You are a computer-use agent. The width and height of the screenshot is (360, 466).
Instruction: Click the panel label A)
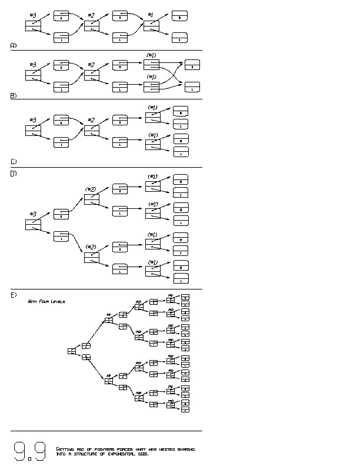pyautogui.click(x=14, y=45)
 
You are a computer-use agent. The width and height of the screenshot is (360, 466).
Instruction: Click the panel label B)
pyautogui.click(x=14, y=95)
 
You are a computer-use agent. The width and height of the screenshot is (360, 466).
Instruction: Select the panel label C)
pyautogui.click(x=14, y=161)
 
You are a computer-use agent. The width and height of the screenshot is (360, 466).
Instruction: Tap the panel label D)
pyautogui.click(x=14, y=174)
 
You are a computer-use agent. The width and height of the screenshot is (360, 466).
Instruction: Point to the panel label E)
pyautogui.click(x=14, y=294)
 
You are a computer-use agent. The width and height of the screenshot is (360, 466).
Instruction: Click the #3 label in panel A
pyautogui.click(x=32, y=15)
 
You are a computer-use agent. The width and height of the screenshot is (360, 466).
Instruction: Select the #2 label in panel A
pyautogui.click(x=91, y=15)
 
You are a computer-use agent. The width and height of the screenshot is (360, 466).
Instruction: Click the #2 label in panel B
pyautogui.click(x=91, y=65)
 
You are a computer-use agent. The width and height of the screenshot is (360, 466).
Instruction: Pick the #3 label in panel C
pyautogui.click(x=32, y=120)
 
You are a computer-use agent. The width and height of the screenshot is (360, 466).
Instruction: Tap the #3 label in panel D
pyautogui.click(x=32, y=214)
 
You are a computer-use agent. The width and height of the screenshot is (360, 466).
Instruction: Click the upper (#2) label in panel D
pyautogui.click(x=91, y=189)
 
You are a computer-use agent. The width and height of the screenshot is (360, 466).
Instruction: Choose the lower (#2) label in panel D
pyautogui.click(x=91, y=247)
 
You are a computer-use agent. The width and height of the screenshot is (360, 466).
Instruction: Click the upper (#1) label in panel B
pyautogui.click(x=151, y=55)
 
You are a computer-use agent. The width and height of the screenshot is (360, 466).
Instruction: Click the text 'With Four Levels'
pyautogui.click(x=46, y=301)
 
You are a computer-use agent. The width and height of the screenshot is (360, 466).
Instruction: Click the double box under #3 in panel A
pyautogui.click(x=33, y=26)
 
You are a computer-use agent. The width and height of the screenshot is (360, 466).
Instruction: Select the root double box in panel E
pyautogui.click(x=72, y=351)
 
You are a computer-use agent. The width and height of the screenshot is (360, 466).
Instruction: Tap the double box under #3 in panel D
pyautogui.click(x=33, y=225)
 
